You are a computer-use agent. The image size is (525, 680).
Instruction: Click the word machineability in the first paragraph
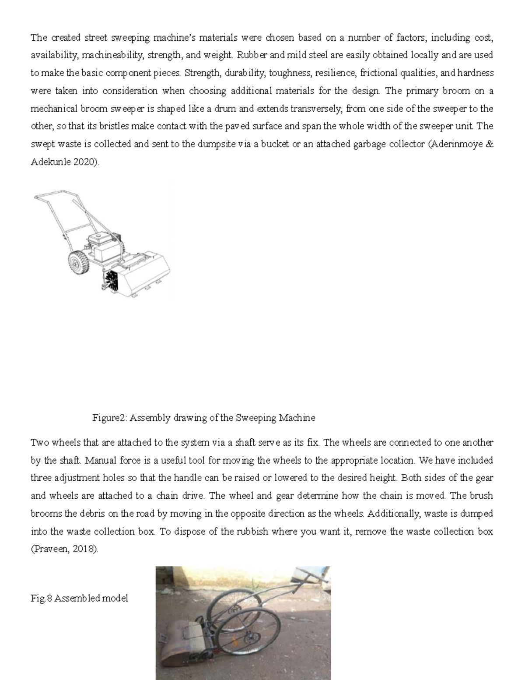click(x=112, y=55)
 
